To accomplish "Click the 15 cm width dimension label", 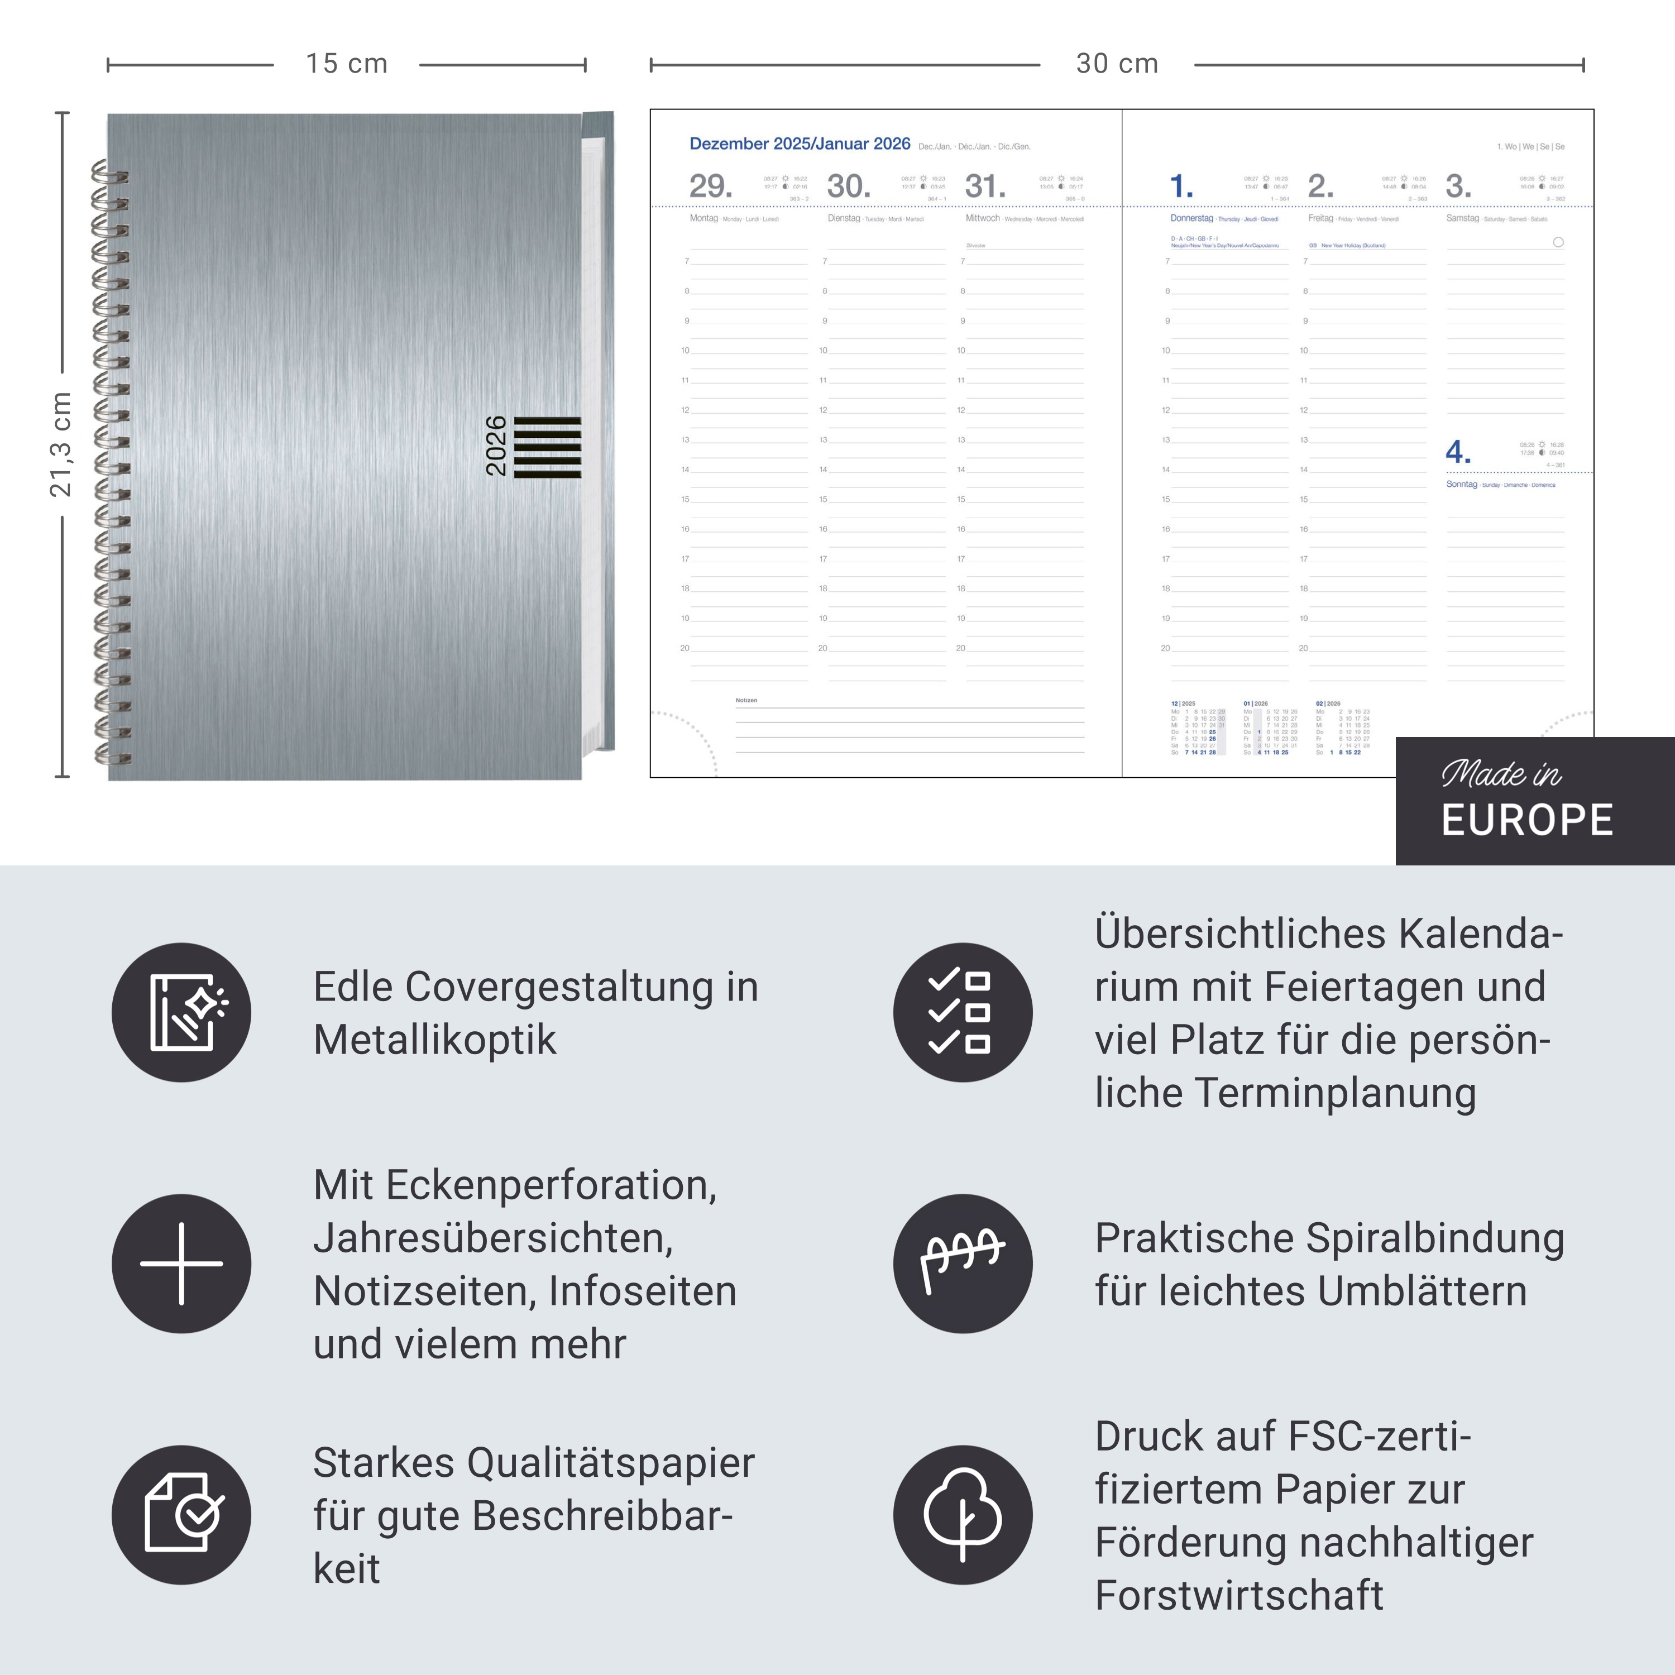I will [x=346, y=64].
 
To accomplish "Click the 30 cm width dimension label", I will [x=1117, y=64].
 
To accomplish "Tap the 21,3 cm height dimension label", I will [x=61, y=444].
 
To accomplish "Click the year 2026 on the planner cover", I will [x=496, y=446].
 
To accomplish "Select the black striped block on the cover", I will [x=547, y=447].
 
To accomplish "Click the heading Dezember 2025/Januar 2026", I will [x=800, y=144].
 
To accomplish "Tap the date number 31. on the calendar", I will [x=985, y=186].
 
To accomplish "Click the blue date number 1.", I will [x=1181, y=186].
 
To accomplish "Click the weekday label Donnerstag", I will [x=1191, y=218].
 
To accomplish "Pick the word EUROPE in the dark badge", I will [x=1526, y=820].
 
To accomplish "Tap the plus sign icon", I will [x=182, y=1263].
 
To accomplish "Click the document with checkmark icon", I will [x=182, y=1515].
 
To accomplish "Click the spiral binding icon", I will [x=963, y=1263].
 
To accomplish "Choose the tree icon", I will [x=963, y=1515].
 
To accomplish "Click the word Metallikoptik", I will [x=434, y=1040].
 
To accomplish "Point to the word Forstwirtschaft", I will [x=1239, y=1595].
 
